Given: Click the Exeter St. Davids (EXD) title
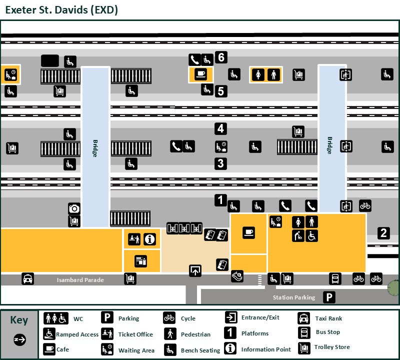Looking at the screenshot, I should [x=61, y=9].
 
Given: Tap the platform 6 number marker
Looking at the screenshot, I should [x=221, y=57].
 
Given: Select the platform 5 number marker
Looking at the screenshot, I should [x=221, y=91].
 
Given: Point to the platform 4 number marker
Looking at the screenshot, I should [x=220, y=128].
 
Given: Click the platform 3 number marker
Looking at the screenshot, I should [x=220, y=163].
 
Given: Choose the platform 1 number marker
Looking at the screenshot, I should [x=220, y=200].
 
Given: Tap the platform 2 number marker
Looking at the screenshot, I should [x=383, y=232].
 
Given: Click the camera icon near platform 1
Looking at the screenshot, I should [x=74, y=208].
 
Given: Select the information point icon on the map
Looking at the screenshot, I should [x=149, y=239].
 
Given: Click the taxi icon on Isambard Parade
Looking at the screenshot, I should [x=27, y=279].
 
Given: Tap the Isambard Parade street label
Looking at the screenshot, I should [x=80, y=280].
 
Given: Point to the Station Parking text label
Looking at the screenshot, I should [x=294, y=297].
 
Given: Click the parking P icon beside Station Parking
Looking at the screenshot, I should [x=329, y=297].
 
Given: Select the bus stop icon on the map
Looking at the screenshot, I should [x=334, y=278].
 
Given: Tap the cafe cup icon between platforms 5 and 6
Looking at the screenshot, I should [x=201, y=74].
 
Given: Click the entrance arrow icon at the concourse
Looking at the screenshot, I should [x=195, y=270].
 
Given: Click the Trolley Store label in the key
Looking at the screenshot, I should [x=332, y=347].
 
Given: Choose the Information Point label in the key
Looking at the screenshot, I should [x=265, y=349].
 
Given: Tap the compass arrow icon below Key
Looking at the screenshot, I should [x=19, y=340].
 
